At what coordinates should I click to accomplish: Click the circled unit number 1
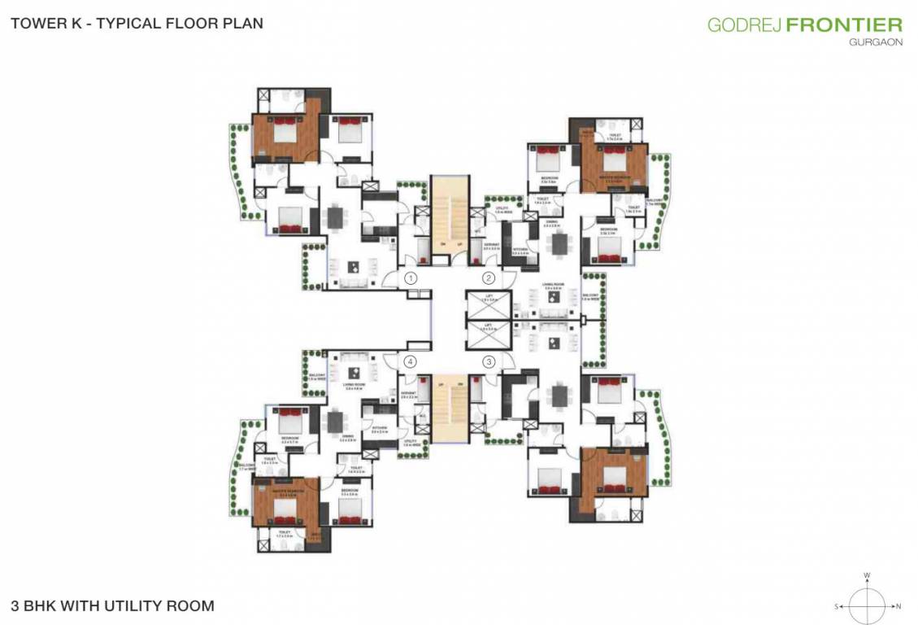coord(411,279)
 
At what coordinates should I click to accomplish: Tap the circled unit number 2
coord(489,279)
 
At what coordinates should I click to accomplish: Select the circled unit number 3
coord(489,361)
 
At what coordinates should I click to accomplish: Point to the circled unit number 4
coord(411,361)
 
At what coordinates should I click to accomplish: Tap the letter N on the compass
coord(898,606)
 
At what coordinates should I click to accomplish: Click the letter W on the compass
coord(868,576)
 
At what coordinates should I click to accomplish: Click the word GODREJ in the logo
coord(744,24)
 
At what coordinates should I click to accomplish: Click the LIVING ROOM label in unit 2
coord(555,286)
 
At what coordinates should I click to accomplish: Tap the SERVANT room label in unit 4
coord(409,393)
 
